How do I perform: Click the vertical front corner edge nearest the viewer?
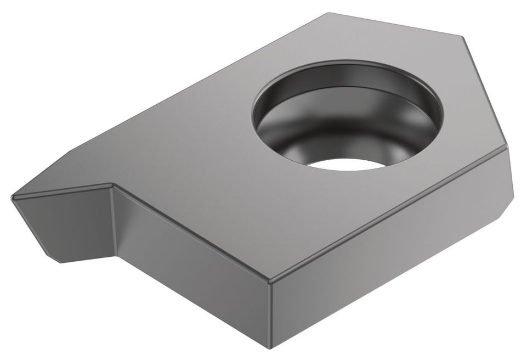pos(271,313)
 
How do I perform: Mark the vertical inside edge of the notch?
pos(116,220)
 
